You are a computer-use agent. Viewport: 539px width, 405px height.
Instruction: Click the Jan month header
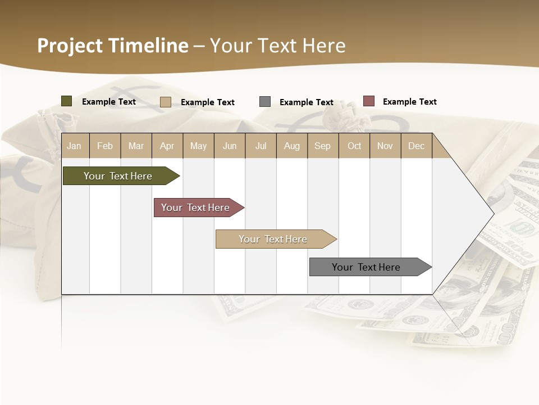point(75,146)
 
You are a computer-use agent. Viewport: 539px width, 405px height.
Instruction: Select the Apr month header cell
point(167,146)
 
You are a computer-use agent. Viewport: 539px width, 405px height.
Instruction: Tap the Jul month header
point(261,146)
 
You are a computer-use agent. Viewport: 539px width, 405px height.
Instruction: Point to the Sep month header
point(323,146)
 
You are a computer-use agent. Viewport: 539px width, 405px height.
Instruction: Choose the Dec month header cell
point(416,146)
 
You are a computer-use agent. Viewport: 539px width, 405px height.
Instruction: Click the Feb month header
point(105,146)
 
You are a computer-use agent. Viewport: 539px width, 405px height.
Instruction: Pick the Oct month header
point(354,146)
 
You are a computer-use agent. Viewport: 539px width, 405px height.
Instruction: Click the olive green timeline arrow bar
point(118,176)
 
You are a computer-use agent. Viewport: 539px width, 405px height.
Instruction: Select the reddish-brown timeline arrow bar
point(195,208)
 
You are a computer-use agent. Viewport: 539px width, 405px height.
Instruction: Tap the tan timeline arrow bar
point(273,239)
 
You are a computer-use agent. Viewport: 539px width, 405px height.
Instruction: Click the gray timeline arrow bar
point(366,267)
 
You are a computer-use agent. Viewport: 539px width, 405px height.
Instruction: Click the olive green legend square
point(67,101)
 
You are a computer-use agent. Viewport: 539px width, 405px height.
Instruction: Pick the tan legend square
point(166,102)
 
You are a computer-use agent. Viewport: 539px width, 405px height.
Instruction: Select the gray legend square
point(265,102)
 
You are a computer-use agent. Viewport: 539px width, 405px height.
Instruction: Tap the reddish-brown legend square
point(369,101)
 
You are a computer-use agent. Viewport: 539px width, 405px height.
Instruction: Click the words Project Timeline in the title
point(112,46)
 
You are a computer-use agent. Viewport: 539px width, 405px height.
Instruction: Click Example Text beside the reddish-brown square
point(409,102)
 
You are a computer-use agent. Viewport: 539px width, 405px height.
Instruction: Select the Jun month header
point(230,146)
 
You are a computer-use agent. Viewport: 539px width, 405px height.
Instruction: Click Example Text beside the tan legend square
point(207,102)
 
